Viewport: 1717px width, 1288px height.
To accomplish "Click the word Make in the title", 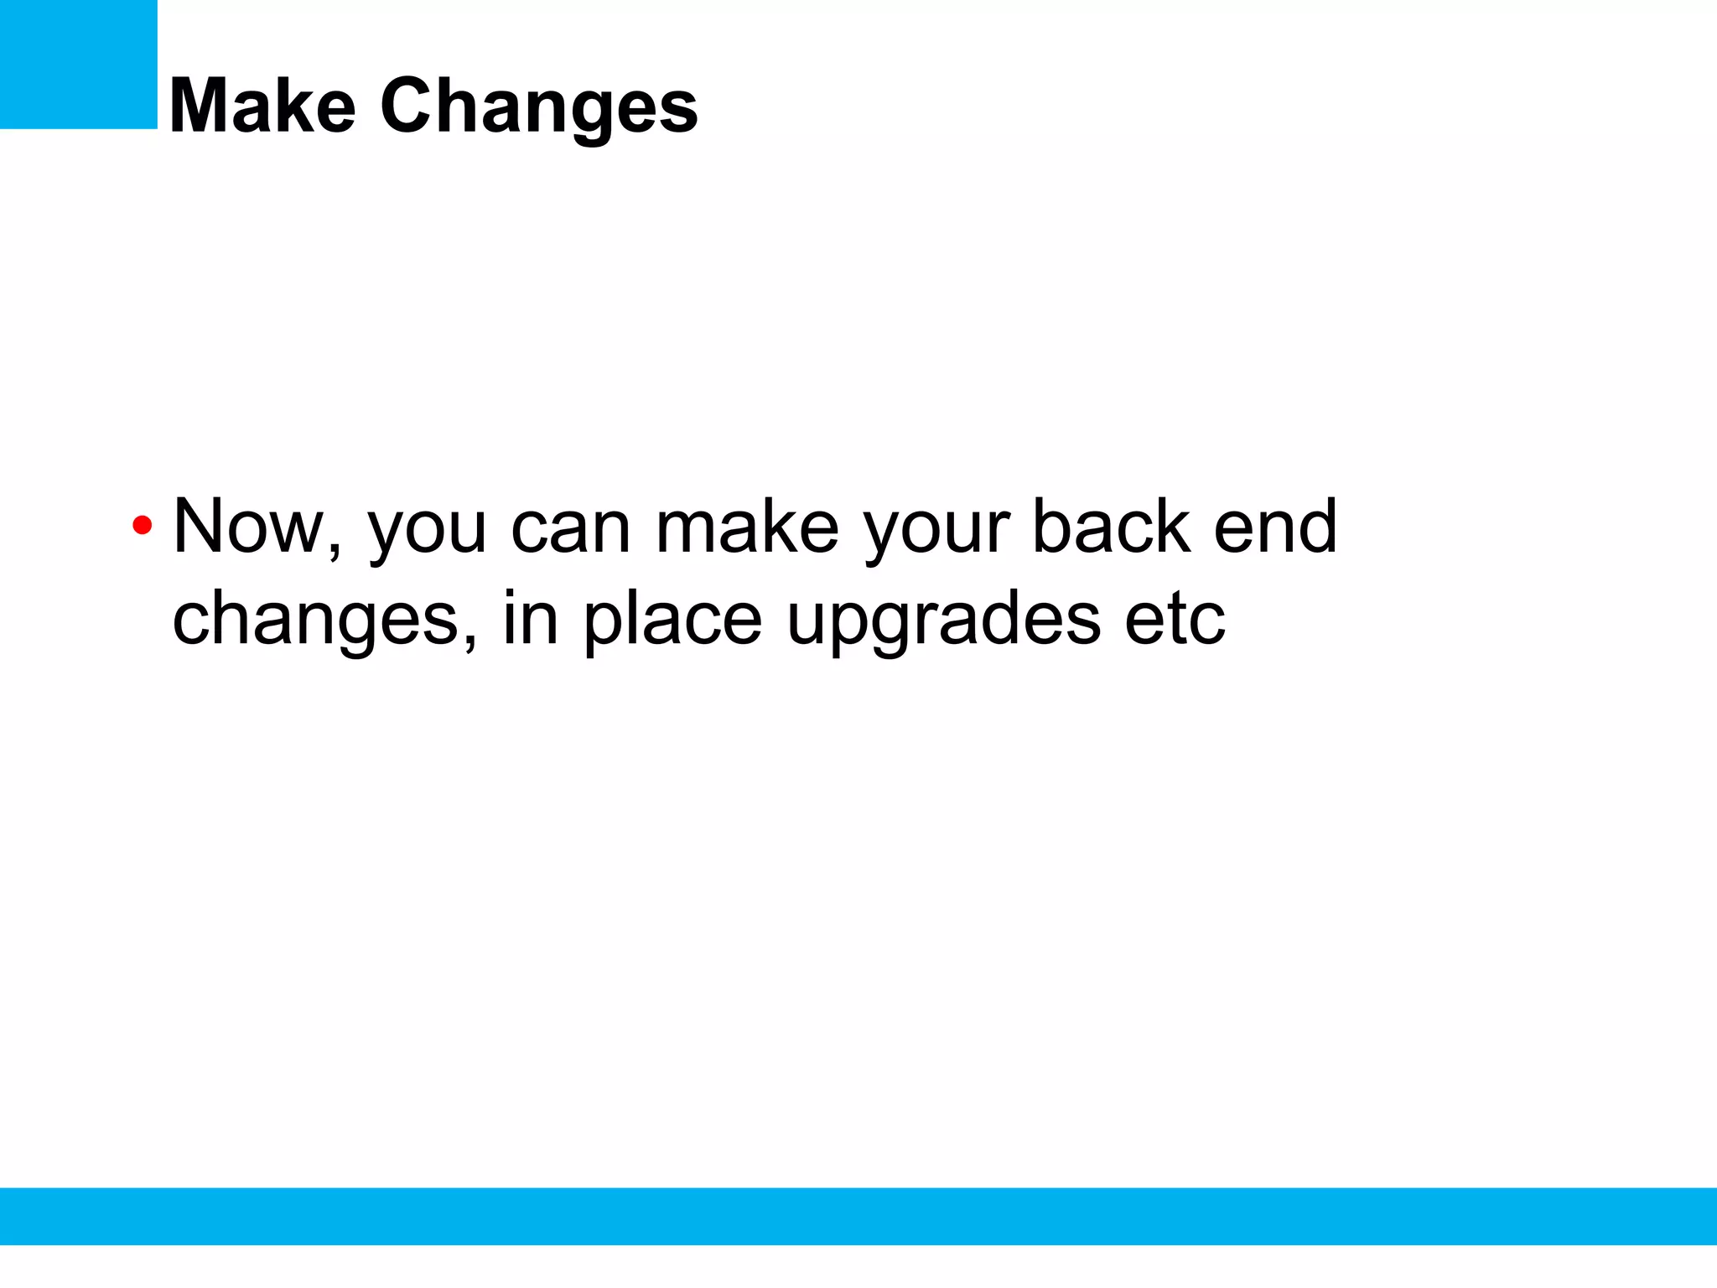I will point(262,106).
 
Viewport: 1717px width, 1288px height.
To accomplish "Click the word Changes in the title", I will point(538,107).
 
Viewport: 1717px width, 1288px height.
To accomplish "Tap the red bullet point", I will point(142,527).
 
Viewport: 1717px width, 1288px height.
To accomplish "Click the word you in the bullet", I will point(427,532).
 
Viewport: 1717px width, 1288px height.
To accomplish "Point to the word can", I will point(570,528).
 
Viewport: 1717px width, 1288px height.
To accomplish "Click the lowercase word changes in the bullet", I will point(314,621).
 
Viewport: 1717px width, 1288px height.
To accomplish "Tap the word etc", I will point(1174,621).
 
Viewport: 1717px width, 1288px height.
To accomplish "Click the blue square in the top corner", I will point(78,64).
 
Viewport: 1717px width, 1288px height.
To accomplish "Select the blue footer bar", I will point(858,1216).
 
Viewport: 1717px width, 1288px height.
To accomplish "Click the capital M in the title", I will point(200,106).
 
